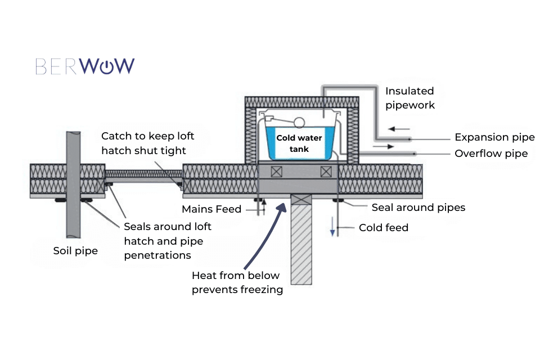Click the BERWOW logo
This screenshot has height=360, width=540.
click(x=85, y=66)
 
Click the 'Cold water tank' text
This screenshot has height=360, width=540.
click(x=299, y=143)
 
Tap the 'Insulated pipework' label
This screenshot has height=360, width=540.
click(x=409, y=98)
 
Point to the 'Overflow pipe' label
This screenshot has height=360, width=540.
click(x=491, y=154)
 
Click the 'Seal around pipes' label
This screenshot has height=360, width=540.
click(x=418, y=208)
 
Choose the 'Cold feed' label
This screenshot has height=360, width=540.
click(x=384, y=228)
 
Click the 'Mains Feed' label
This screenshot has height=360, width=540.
click(x=211, y=209)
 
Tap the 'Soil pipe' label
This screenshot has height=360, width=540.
click(x=75, y=251)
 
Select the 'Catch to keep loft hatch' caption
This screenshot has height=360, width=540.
click(x=147, y=143)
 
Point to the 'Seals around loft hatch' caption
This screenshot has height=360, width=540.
click(x=167, y=241)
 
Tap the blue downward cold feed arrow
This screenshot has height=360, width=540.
click(x=332, y=227)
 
